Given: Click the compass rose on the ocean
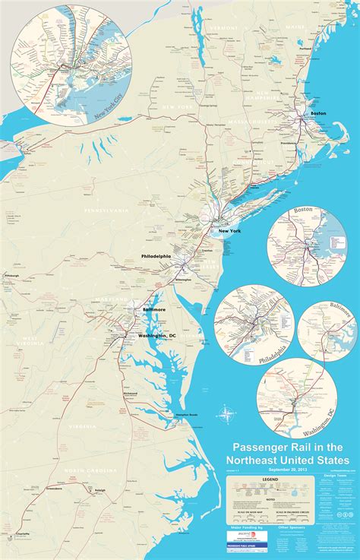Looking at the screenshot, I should (x=226, y=414).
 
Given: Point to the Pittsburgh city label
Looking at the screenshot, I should (x=11, y=275).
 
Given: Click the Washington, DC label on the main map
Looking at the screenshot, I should (x=157, y=336).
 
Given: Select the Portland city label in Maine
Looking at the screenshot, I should (x=306, y=48).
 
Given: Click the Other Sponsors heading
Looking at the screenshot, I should (x=298, y=524).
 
